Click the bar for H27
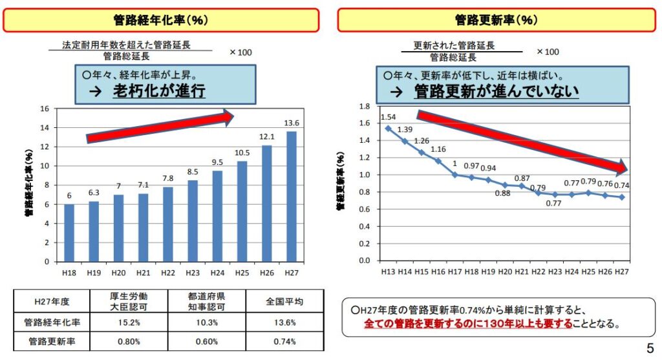[x=292, y=196]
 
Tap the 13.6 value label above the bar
[x=292, y=123]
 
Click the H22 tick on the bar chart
[x=168, y=273]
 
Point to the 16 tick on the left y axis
[x=45, y=109]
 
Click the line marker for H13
[x=388, y=128]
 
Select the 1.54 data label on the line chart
[x=388, y=117]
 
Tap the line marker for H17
[x=454, y=175]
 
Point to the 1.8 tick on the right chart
[x=364, y=106]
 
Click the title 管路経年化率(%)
[x=161, y=20]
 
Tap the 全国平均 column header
[x=284, y=301]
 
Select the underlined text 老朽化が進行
[x=159, y=91]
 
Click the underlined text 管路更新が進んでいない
[x=496, y=91]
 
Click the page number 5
[x=650, y=346]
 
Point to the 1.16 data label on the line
[x=438, y=149]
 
